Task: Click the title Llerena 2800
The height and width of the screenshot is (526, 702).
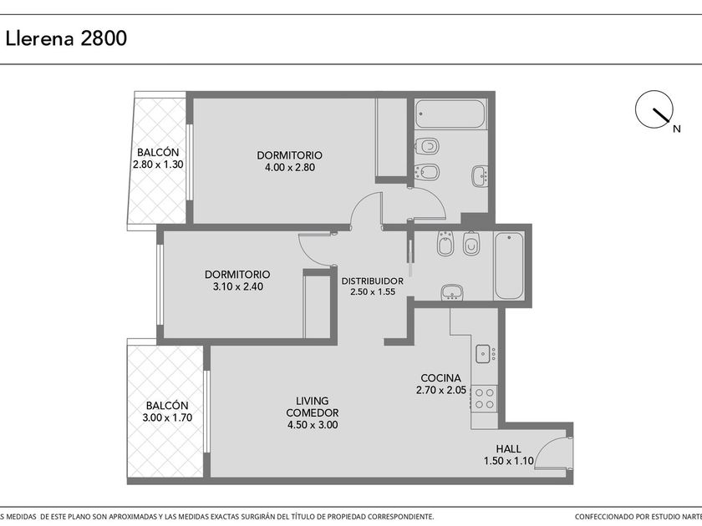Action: [66, 38]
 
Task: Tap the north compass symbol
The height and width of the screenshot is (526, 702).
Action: [654, 109]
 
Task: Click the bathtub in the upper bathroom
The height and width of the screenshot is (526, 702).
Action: [450, 114]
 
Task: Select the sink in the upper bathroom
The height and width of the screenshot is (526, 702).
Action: [480, 176]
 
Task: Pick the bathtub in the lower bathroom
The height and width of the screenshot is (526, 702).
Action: [509, 266]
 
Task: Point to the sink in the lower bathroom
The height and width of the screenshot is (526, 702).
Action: [452, 293]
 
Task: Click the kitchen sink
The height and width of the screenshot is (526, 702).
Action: [483, 353]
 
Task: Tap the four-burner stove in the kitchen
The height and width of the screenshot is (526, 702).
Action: [485, 398]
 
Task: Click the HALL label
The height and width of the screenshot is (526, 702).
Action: [509, 448]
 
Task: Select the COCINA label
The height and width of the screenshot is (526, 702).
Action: [440, 378]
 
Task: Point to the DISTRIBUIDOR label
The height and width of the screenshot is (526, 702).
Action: [373, 281]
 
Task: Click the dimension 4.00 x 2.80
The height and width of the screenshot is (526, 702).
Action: [290, 167]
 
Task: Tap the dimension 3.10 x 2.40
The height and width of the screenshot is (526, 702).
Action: [237, 286]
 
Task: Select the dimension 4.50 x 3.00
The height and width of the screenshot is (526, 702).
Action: [313, 424]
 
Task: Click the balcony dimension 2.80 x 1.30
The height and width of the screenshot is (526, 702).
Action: [158, 164]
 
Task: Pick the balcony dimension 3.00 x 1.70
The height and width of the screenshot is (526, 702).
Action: [167, 417]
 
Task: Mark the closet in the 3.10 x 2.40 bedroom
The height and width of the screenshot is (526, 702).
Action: [317, 305]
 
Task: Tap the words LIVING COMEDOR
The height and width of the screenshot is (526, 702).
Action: [313, 407]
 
